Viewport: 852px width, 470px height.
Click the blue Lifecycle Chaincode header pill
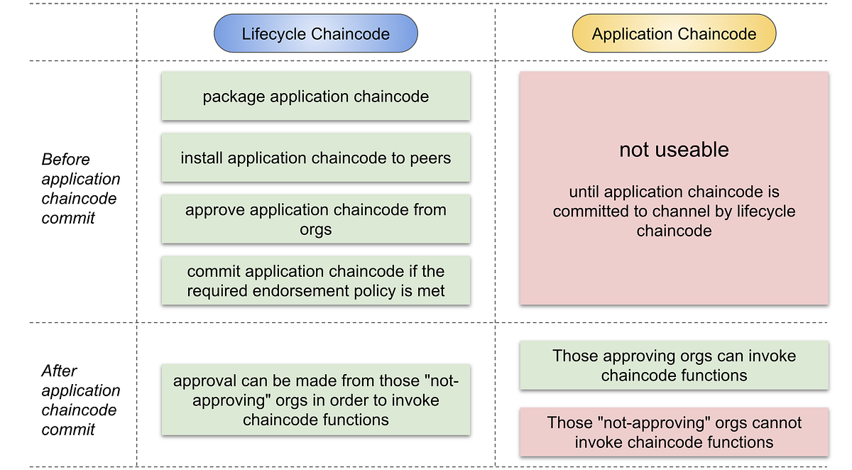point(315,34)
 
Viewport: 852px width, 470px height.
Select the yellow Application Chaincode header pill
point(674,34)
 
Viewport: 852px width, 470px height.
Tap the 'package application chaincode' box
point(315,97)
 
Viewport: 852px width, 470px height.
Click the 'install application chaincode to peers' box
point(315,158)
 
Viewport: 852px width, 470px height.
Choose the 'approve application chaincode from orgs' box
point(315,219)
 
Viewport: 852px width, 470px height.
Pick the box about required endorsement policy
point(315,281)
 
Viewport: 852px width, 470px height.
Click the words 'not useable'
point(674,150)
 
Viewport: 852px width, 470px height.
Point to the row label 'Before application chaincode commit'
point(80,189)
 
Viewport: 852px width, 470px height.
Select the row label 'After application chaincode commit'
point(80,400)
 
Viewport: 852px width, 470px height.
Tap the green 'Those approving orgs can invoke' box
point(674,365)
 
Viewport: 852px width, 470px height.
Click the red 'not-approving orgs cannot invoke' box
point(674,432)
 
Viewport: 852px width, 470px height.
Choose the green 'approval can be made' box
point(315,400)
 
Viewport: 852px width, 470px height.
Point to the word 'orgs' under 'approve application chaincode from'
point(315,229)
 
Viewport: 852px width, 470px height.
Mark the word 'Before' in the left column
point(65,159)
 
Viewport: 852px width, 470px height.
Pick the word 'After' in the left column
point(59,371)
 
